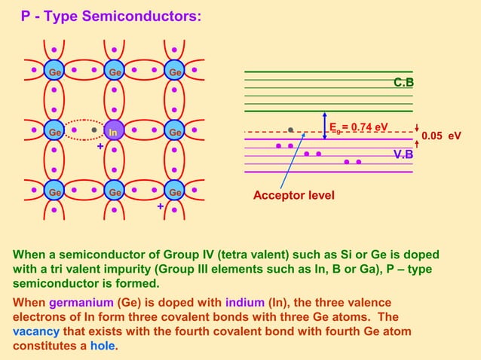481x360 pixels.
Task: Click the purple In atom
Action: [x=113, y=132]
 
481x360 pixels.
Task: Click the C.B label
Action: [x=404, y=82]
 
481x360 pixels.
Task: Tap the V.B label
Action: [x=404, y=154]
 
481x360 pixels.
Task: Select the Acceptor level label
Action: [x=293, y=196]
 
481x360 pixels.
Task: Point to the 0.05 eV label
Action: [x=441, y=136]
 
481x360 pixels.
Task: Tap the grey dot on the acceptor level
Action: [x=290, y=130]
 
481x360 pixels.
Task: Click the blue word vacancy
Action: [x=38, y=331]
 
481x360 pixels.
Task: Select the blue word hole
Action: [x=104, y=346]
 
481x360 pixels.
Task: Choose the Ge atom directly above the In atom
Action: [x=113, y=72]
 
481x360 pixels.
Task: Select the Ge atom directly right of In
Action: [x=174, y=132]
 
